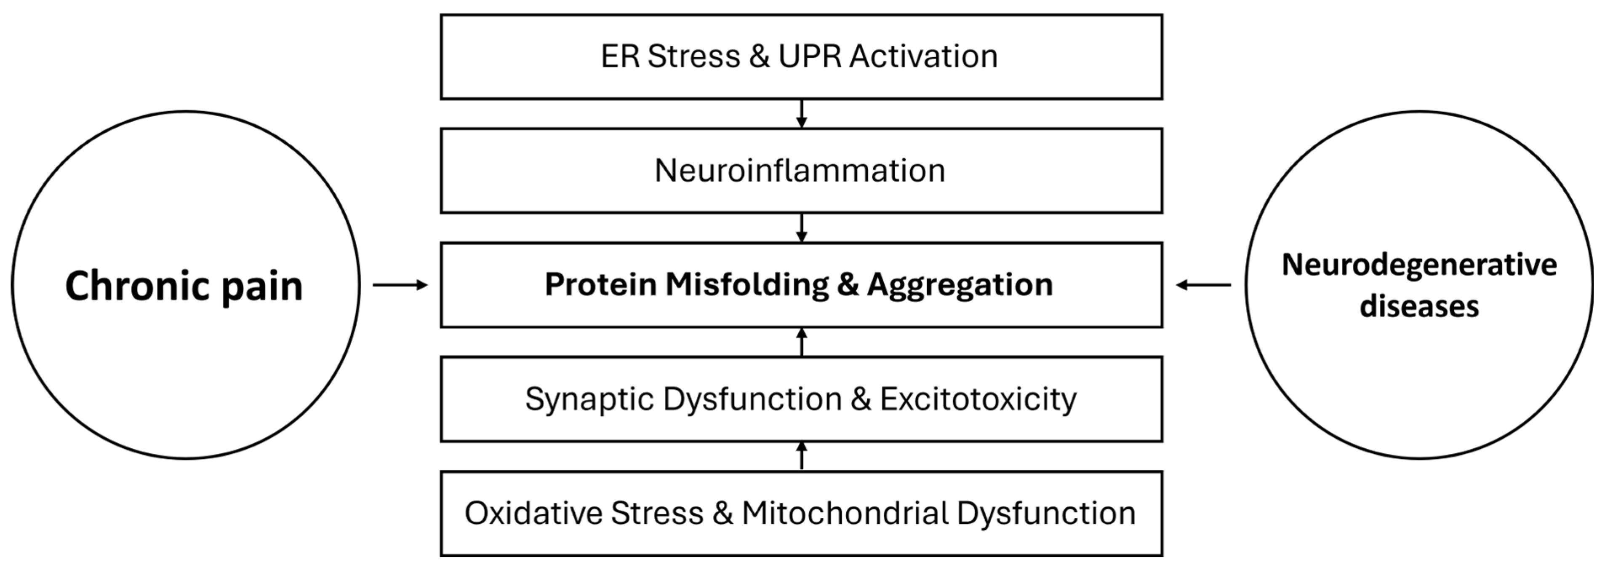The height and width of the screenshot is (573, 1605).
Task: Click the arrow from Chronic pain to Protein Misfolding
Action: pos(400,285)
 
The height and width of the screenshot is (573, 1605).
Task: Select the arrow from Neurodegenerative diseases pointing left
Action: pos(1203,285)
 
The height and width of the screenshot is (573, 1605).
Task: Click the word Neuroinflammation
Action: pos(800,170)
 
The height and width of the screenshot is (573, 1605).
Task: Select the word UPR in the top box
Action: pos(810,56)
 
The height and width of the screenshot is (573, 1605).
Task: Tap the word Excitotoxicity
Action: pos(978,399)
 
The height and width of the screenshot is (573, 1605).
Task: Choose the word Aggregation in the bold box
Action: pos(960,285)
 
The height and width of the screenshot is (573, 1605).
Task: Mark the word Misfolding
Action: pos(747,285)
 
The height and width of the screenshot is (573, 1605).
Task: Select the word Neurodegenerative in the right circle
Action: pos(1419,265)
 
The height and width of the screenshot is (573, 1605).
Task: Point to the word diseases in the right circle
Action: pos(1419,306)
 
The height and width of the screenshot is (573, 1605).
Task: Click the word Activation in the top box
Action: pos(923,56)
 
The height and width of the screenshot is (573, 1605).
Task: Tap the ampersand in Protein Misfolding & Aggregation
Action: pos(848,285)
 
